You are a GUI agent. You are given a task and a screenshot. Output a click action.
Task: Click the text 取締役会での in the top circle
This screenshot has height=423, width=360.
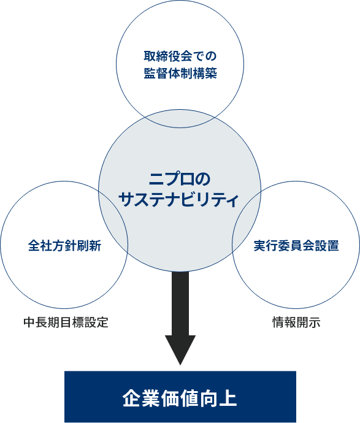(180, 56)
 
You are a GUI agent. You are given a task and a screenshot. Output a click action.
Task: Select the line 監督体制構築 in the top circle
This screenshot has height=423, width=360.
(180, 74)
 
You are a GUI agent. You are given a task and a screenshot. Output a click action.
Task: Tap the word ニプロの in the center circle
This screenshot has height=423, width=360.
(180, 179)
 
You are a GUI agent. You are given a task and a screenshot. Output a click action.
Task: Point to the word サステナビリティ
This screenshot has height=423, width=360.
(179, 200)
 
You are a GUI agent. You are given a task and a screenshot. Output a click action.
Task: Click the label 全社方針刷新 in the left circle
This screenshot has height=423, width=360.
(64, 246)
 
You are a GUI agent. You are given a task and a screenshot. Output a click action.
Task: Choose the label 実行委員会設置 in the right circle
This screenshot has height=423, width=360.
(296, 246)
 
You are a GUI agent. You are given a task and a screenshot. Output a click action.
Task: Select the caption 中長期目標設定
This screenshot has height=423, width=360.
(66, 322)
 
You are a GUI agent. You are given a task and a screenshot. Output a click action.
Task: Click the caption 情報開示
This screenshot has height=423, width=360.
(296, 322)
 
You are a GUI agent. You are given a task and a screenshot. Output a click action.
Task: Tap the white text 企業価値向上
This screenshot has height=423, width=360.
(180, 398)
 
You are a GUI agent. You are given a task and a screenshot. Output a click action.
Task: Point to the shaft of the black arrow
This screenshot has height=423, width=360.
(180, 303)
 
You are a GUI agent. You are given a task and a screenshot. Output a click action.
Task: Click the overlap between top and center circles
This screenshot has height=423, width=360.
(180, 119)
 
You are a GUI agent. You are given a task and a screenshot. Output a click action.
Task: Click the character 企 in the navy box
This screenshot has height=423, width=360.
(131, 398)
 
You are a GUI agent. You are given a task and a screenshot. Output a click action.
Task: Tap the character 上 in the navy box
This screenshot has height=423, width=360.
(228, 398)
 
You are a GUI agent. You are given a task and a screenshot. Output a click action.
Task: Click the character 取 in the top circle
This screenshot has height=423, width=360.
(150, 56)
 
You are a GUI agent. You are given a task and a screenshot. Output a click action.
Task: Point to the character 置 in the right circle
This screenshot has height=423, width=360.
(333, 246)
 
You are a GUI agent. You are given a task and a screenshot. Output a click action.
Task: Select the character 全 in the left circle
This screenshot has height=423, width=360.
(34, 246)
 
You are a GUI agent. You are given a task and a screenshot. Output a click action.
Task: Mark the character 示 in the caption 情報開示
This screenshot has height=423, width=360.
(315, 322)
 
